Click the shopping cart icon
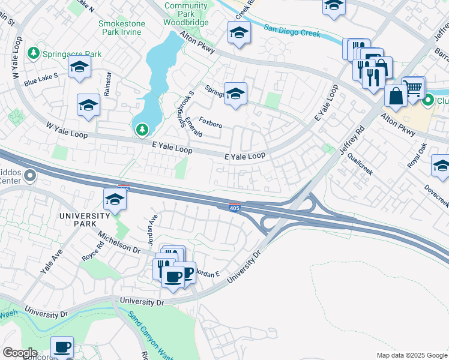(413, 88)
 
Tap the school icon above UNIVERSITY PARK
(114, 200)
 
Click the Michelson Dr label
(119, 242)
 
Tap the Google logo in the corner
(20, 353)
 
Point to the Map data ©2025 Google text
(411, 355)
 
